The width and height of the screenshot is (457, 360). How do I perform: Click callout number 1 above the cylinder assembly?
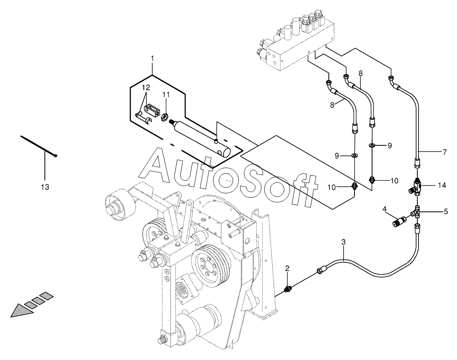click(152, 58)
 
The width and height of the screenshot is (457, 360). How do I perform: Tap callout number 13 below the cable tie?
click(45, 187)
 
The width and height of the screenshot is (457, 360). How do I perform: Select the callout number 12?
click(146, 87)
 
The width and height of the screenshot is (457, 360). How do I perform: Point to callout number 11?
click(166, 95)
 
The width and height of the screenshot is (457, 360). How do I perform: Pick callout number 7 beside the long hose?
click(444, 152)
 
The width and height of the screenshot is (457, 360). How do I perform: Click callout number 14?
click(442, 185)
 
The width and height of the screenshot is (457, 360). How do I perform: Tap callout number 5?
click(446, 211)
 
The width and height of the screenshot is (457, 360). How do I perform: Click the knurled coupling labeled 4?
click(400, 221)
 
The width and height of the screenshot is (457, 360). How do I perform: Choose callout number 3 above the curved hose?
click(343, 241)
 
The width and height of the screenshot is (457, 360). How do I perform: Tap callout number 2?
click(287, 268)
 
